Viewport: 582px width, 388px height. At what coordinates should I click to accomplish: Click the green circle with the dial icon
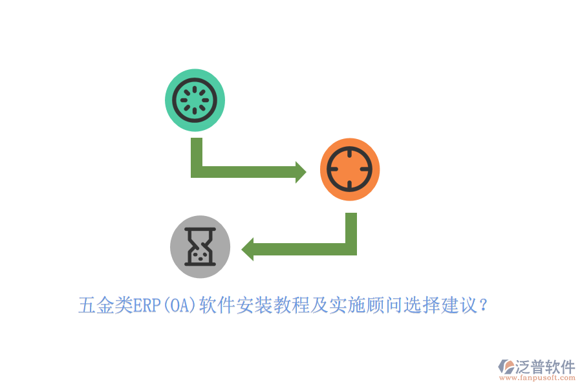coord(195,100)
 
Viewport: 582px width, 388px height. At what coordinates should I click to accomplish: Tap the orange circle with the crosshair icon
coord(350,169)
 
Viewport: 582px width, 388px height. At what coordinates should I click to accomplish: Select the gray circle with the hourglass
coord(200,247)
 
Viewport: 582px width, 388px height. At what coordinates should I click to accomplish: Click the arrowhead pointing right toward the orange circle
coord(301,172)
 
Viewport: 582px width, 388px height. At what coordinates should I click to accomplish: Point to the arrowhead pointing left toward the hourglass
coord(248,249)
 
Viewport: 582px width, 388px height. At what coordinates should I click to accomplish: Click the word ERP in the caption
coord(147,306)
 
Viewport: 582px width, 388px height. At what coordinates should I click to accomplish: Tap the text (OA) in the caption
coord(180,306)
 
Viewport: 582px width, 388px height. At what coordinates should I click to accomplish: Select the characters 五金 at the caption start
coord(96,305)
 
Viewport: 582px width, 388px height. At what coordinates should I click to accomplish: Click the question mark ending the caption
coord(483,305)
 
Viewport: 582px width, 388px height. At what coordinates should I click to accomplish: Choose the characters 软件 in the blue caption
coord(217,305)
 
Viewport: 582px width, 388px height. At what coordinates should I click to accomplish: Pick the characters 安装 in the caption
coord(254,305)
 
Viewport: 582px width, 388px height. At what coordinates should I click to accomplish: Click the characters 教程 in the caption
coord(292,305)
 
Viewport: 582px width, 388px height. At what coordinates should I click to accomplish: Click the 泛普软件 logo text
coord(545,367)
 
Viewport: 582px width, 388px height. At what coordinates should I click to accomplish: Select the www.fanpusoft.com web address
coord(537,378)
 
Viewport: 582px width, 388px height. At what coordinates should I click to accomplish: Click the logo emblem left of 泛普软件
coord(506,367)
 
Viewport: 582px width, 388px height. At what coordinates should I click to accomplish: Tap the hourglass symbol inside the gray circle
coord(200,246)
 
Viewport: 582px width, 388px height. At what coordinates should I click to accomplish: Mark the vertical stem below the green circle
coord(197,152)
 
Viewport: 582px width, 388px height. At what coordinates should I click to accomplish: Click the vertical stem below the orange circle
coord(351,228)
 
